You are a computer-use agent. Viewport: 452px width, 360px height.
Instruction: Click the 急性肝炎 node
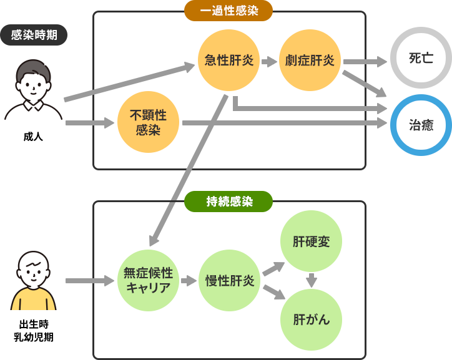pyautogui.click(x=229, y=61)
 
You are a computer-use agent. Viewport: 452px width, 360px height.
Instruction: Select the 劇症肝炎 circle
pyautogui.click(x=310, y=61)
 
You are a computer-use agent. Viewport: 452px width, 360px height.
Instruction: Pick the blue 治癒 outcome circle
pyautogui.click(x=421, y=125)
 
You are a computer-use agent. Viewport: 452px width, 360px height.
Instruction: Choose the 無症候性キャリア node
pyautogui.click(x=149, y=280)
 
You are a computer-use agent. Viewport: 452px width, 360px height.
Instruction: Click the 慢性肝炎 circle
pyautogui.click(x=230, y=280)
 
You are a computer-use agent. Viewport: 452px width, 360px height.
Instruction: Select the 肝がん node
pyautogui.click(x=312, y=319)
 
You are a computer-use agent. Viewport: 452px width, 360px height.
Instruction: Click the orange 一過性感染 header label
pyautogui.click(x=229, y=11)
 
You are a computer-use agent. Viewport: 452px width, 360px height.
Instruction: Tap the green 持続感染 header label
pyautogui.click(x=229, y=201)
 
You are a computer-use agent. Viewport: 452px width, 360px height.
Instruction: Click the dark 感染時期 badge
pyautogui.click(x=34, y=35)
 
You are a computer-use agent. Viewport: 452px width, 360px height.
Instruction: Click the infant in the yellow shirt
pyautogui.click(x=34, y=281)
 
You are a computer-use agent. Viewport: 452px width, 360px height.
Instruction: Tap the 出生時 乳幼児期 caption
pyautogui.click(x=34, y=331)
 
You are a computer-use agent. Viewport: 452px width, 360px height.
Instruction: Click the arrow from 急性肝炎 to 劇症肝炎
pyautogui.click(x=269, y=61)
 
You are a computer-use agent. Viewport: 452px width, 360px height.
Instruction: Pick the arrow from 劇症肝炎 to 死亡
pyautogui.click(x=365, y=61)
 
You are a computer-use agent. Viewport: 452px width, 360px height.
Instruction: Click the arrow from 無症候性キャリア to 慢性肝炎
pyautogui.click(x=189, y=281)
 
